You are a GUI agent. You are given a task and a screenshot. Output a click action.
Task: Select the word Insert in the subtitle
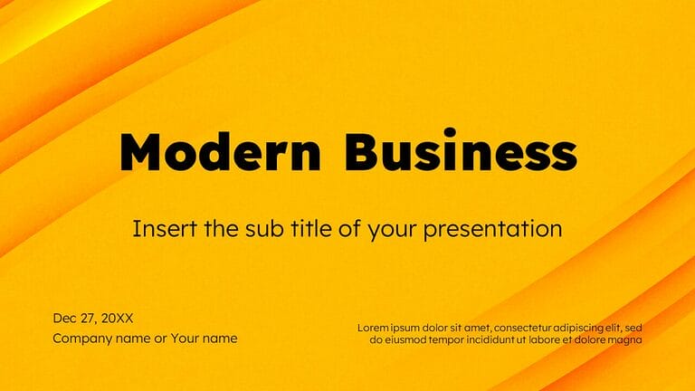coord(157,229)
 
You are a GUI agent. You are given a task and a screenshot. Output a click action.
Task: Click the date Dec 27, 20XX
coord(93,318)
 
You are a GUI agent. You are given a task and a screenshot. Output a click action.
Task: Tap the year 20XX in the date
coord(117,318)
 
